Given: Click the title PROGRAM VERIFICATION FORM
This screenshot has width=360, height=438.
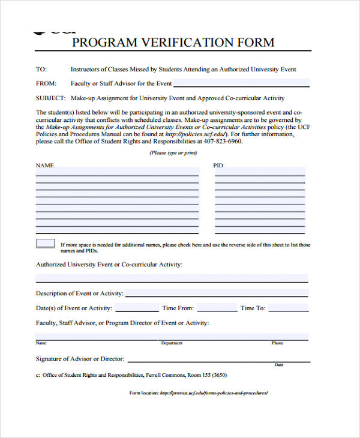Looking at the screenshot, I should tap(173, 42).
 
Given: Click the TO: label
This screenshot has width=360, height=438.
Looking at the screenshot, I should tap(41, 69).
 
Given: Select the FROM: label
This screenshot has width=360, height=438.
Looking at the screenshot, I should tap(46, 83).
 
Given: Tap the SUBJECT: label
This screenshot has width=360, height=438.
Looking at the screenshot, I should tap(50, 98).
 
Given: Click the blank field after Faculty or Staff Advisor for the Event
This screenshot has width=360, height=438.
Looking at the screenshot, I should tap(242, 83).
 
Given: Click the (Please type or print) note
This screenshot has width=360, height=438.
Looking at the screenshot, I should tap(173, 154).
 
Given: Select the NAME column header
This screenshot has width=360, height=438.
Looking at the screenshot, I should tap(45, 165).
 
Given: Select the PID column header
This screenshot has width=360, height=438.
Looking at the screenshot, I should tap(218, 165).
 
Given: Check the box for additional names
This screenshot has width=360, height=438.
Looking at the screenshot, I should tap(46, 244).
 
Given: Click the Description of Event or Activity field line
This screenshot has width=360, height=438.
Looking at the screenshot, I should tap(216, 293).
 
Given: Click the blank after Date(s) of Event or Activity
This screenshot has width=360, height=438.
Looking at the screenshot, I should tap(137, 308).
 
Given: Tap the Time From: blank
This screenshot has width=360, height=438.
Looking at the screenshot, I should tap(217, 308).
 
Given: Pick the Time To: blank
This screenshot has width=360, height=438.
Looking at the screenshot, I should tap(288, 308).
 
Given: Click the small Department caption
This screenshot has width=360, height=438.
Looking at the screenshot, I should tap(172, 343).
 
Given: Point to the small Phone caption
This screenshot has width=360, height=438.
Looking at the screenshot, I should tap(277, 343).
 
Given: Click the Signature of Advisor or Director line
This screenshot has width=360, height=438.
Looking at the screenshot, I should tap(219, 359).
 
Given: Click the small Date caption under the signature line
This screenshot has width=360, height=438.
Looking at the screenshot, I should tap(279, 365).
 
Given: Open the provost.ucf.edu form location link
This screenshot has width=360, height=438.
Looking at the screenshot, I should tap(214, 393).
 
